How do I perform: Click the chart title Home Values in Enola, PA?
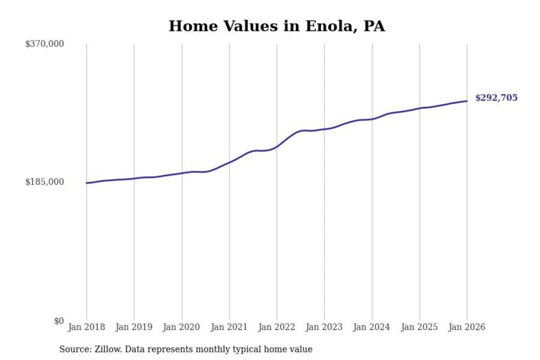[x=277, y=26]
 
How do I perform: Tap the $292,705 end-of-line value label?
[x=496, y=98]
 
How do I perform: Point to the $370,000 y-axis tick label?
[x=45, y=44]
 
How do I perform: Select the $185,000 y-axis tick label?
[x=45, y=182]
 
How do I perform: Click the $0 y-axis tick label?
[x=59, y=321]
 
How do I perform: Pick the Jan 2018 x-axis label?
[x=87, y=327]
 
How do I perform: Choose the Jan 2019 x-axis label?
[x=134, y=327]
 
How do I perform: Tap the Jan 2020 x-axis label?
[x=181, y=327]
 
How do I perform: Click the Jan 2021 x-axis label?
[x=229, y=327]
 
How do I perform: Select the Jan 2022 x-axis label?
[x=277, y=327]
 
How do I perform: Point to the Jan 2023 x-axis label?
[x=324, y=327]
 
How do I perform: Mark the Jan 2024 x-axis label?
[x=372, y=327]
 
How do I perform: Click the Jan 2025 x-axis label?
[x=419, y=327]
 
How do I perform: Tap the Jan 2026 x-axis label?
[x=467, y=327]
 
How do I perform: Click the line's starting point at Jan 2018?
[x=87, y=183]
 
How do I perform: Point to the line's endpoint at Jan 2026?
[x=467, y=101]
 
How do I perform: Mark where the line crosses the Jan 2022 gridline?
[x=277, y=147]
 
